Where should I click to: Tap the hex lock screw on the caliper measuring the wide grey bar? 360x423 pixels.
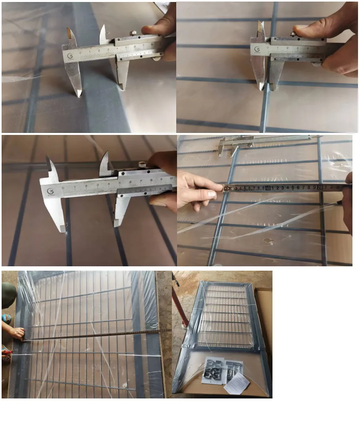pos(133,33)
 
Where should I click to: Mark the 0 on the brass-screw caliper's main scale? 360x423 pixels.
pos(63,188)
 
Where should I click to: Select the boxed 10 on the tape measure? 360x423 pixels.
pos(268,188)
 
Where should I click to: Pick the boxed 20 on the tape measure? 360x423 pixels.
pos(319,187)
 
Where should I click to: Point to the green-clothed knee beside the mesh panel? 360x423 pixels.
pos(8,295)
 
